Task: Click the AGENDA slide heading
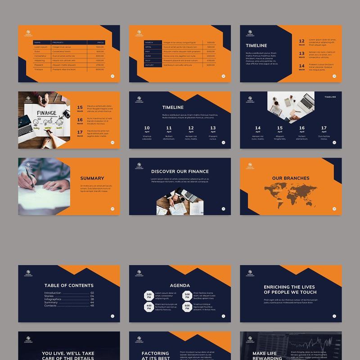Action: (180, 285)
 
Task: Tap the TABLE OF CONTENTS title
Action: (69, 285)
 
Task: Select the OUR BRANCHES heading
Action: (291, 178)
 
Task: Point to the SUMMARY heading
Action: (92, 178)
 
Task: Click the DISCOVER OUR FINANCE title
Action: (180, 171)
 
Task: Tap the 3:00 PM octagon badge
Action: (148, 296)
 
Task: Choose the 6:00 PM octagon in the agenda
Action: (187, 307)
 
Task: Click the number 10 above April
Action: (147, 128)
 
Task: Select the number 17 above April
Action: (324, 128)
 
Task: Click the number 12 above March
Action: (301, 41)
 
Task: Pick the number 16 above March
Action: (80, 120)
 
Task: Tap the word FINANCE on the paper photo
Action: (46, 113)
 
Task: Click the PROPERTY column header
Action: (58, 42)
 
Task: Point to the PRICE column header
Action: (101, 42)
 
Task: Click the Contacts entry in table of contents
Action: (50, 306)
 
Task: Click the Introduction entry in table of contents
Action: (53, 292)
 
